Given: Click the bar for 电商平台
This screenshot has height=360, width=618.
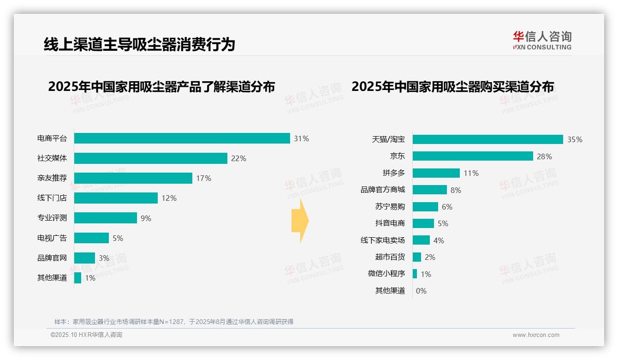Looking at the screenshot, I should point(182,138).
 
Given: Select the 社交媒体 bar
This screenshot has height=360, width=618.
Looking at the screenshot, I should point(150,158).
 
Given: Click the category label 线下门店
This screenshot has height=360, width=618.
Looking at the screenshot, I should point(52,198).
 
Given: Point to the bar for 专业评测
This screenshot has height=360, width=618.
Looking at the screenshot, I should point(105,218).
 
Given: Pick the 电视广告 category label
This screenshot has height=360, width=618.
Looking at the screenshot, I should point(52,238).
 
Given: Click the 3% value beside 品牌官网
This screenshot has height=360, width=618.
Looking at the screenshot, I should point(104,258).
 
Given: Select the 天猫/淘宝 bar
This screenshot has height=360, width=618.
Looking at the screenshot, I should point(487,139).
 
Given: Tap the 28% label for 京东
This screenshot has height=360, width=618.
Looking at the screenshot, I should point(544,156).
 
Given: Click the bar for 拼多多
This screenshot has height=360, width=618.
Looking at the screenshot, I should point(436,173).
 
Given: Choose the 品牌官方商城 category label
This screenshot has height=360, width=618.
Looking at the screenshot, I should point(383,190).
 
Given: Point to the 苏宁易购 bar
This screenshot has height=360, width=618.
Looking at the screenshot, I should point(425,207).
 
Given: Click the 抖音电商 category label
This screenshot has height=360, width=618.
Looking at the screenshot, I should point(390,223).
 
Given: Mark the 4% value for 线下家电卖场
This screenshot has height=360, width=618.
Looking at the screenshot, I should point(439,240).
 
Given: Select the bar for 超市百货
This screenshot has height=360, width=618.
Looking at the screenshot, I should point(417,257).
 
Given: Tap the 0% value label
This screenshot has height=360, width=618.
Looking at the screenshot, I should point(421,291).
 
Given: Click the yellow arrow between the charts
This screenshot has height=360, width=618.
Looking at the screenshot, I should point(300,221).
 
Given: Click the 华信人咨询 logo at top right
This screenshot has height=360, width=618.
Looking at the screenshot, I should point(542,41).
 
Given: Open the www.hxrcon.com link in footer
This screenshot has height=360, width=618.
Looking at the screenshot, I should point(536,335).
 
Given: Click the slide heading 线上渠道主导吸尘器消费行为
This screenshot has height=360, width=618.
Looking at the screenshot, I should point(139,44).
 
